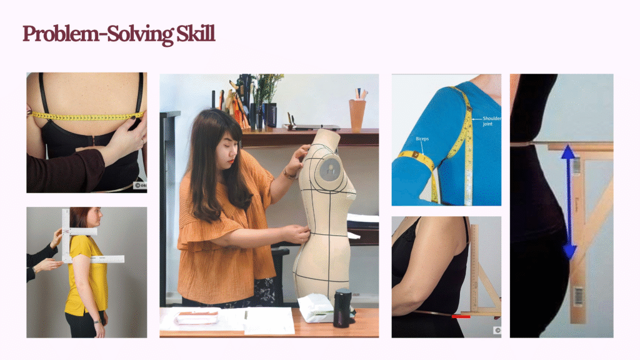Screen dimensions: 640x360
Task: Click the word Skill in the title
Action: [196, 34]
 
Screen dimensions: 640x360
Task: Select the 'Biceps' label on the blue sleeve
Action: [422, 139]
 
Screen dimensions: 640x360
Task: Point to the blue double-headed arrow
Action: [569, 202]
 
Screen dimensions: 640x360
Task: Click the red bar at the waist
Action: [461, 316]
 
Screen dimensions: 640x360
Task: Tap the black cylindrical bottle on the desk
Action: [342, 308]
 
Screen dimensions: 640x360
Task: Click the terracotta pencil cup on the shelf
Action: [357, 116]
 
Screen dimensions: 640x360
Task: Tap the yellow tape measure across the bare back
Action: [87, 117]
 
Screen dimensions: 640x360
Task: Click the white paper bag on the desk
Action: [316, 307]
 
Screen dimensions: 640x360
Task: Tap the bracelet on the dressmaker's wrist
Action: [289, 175]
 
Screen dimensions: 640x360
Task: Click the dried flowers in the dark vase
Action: [267, 87]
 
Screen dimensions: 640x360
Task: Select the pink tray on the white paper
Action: [197, 317]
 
